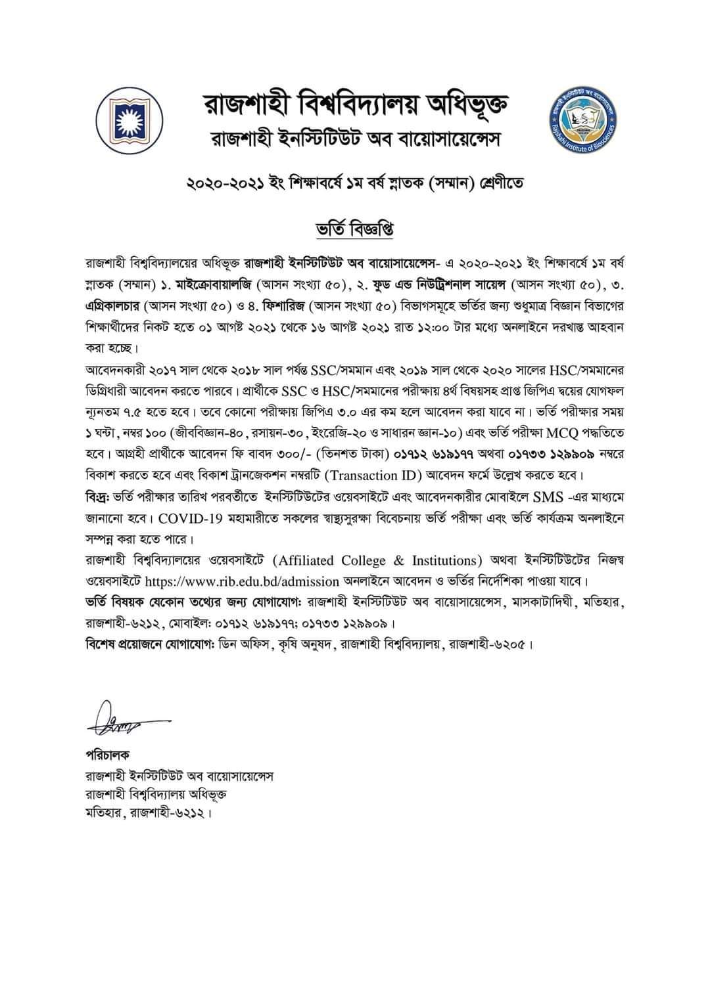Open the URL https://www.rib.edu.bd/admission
click(x=242, y=581)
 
